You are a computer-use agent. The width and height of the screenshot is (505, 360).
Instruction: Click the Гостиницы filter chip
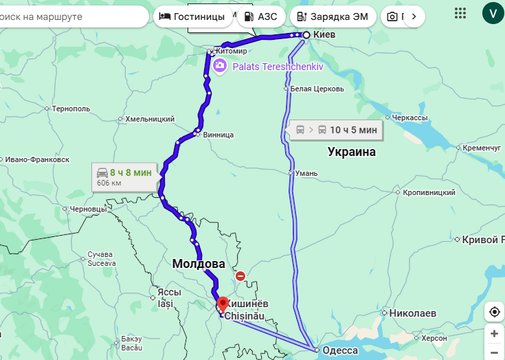pos(192,16)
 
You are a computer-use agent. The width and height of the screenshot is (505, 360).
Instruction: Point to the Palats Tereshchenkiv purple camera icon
pos(219,66)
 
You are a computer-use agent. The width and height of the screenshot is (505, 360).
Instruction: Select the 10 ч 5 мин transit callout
pos(336,129)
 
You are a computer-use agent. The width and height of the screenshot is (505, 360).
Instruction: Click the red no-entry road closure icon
pos(240,276)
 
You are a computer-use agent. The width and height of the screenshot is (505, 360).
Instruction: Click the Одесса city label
pos(341,350)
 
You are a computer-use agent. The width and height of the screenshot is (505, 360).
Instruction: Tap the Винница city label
pos(218,135)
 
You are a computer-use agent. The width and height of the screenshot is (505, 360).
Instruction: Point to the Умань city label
pos(306,173)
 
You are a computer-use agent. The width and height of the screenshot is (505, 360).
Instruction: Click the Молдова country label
pos(199,264)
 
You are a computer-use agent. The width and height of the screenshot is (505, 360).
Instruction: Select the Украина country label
pos(351,152)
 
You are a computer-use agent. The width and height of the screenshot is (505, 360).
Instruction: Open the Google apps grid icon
pos(460,12)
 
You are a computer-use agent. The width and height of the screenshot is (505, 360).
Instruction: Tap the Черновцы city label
pos(89,209)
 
